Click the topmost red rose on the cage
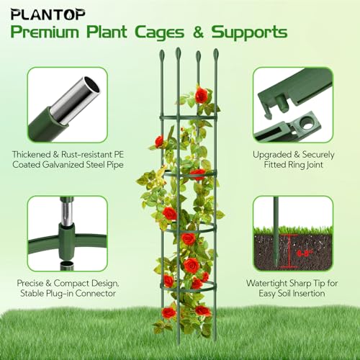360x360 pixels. point(201,96)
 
